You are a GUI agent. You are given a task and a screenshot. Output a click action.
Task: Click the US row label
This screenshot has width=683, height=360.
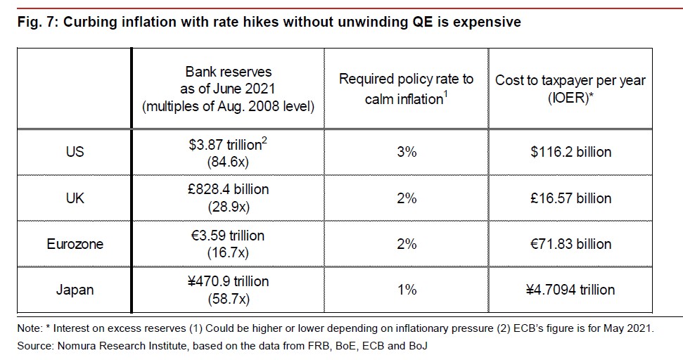pos(75,152)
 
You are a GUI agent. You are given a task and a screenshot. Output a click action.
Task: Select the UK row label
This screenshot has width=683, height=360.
pos(75,198)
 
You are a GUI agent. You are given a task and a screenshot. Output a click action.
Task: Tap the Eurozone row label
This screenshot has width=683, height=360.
pos(75,244)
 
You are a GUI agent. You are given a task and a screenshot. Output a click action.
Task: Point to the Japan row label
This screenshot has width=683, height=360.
pos(75,290)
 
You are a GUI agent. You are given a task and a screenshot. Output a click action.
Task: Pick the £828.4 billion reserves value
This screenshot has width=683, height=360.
pos(228,190)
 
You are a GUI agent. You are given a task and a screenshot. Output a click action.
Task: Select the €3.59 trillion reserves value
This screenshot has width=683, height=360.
pos(228,236)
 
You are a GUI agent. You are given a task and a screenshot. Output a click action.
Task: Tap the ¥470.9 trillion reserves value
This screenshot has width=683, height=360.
pos(228,281)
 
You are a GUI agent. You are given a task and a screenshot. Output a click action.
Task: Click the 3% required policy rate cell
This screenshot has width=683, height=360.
pos(407,152)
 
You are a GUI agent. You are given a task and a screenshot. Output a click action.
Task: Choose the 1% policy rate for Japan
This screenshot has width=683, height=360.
pos(407,290)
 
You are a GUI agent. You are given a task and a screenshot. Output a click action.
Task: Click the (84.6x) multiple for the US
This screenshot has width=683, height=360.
pos(228,161)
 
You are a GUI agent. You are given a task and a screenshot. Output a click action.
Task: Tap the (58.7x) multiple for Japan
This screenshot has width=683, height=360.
pos(228,299)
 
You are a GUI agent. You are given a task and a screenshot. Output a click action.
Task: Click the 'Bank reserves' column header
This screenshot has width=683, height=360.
pos(228,72)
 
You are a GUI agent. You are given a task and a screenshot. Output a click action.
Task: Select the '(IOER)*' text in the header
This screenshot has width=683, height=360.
pos(570,99)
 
